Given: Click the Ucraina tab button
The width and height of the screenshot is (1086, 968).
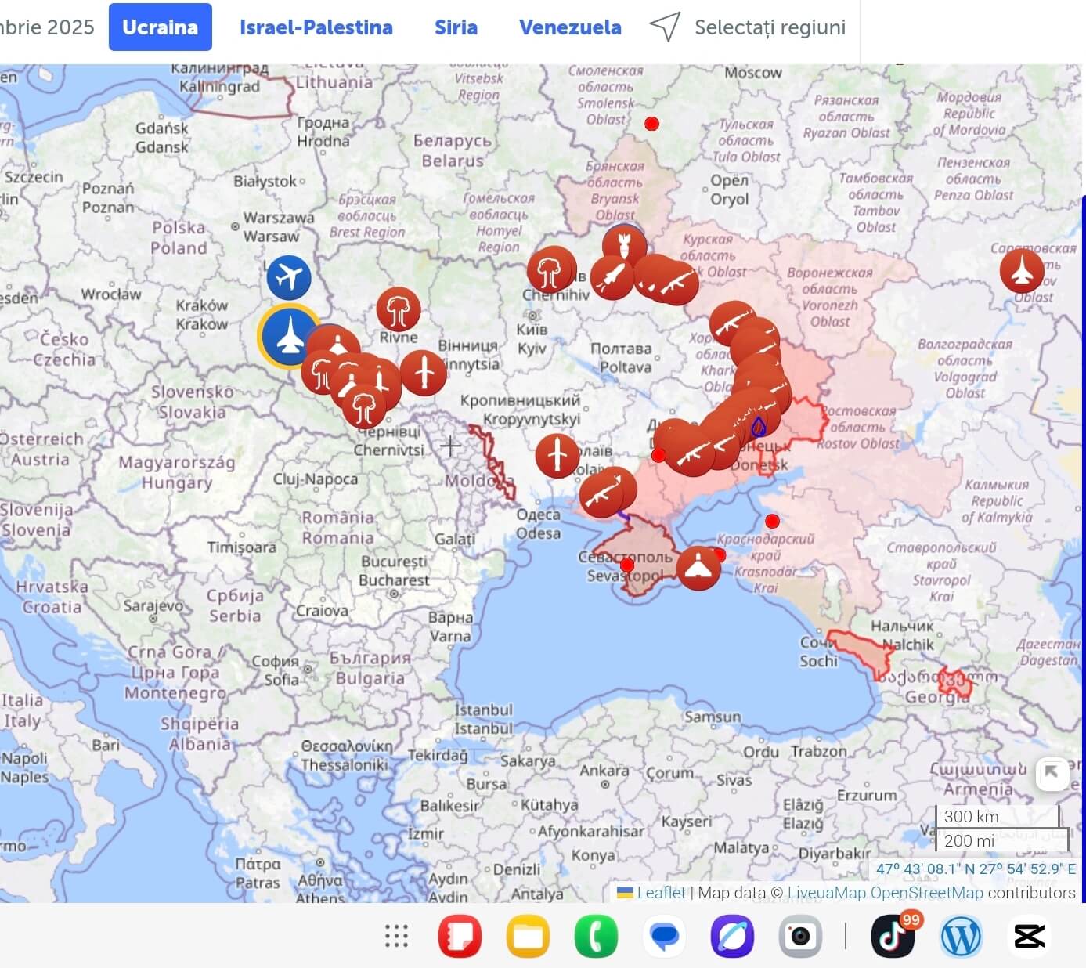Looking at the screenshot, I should [x=160, y=27].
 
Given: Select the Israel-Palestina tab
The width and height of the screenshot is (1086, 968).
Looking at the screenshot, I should [x=316, y=27].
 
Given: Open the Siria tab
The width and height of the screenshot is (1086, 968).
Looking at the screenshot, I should [x=456, y=27].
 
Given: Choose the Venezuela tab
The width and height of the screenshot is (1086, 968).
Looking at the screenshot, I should [x=570, y=27].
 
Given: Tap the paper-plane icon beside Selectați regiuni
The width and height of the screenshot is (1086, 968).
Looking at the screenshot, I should [x=665, y=27].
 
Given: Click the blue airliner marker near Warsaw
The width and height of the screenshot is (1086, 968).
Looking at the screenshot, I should [x=288, y=277].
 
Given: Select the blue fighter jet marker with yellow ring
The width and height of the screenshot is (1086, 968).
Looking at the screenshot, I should [x=289, y=335].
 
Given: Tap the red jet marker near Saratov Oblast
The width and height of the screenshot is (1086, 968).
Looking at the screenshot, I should [x=1022, y=270].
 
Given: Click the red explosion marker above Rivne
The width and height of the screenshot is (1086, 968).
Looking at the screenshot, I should [x=398, y=309].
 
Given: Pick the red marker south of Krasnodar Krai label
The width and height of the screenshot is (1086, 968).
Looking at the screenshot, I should [x=698, y=568].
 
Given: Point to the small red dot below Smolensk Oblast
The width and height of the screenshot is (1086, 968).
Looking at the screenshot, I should [x=651, y=124].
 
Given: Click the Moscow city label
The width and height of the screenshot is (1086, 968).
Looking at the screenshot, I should [x=752, y=73].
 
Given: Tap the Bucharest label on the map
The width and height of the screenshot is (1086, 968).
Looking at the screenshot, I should [x=394, y=580].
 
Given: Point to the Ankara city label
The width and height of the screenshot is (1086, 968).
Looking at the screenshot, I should [x=604, y=771].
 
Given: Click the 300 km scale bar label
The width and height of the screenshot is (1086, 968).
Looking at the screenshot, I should [x=971, y=816].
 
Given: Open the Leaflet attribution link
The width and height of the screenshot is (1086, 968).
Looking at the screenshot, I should [x=660, y=893].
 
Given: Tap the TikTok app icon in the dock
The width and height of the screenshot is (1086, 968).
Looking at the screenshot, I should [x=893, y=935].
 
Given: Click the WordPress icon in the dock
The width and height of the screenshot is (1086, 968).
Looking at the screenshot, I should [x=961, y=936].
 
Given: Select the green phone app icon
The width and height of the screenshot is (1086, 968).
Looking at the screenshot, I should [x=596, y=936].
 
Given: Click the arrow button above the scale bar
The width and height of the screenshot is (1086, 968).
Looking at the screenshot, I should [x=1052, y=773].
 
